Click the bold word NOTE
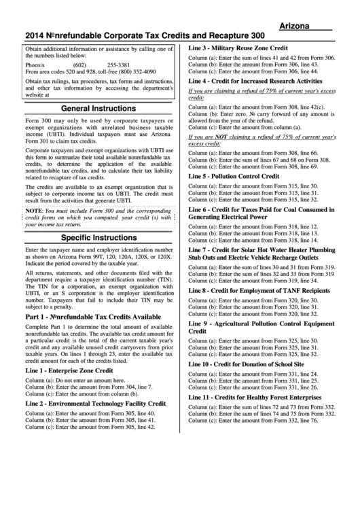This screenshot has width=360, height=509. click(x=34, y=211)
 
